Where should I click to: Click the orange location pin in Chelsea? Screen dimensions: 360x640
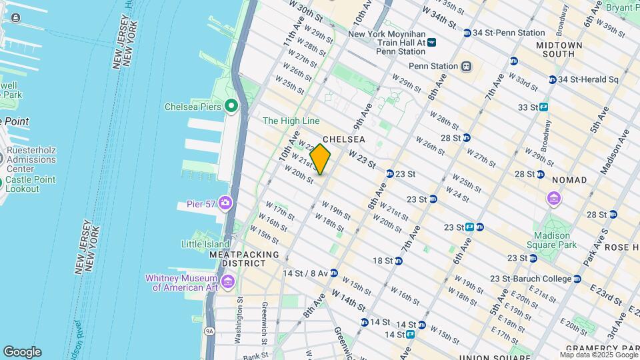click(320, 159)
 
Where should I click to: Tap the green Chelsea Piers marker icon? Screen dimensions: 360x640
click(231, 107)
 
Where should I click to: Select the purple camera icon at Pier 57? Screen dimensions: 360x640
click(225, 203)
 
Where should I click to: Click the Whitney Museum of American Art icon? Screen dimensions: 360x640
click(228, 282)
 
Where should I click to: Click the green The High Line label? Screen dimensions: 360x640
click(291, 121)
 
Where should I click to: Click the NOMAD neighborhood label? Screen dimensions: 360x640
click(569, 180)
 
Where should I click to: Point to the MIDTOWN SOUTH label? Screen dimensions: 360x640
click(560, 49)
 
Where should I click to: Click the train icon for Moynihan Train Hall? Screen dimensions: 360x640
click(432, 42)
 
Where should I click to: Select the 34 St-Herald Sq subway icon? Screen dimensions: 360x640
click(553, 79)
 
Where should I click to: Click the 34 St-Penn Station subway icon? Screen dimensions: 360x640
click(467, 33)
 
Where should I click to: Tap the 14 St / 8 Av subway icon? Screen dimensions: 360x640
click(333, 273)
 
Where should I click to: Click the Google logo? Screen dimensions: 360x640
click(22, 352)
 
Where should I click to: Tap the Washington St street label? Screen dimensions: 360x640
click(239, 324)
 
